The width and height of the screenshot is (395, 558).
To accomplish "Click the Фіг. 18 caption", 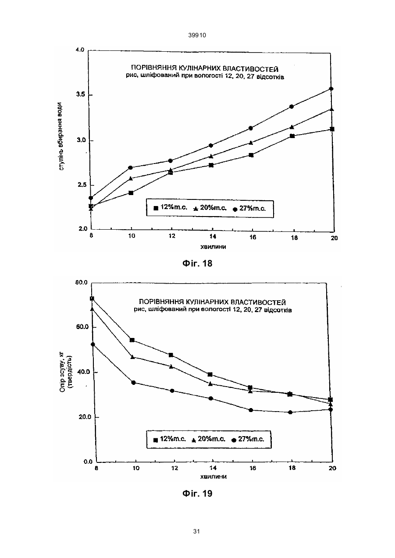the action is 197,263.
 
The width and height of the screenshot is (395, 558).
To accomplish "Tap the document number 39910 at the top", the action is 197,36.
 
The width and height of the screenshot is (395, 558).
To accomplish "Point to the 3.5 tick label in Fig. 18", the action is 81,94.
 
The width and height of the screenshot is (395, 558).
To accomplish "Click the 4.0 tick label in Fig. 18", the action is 80,50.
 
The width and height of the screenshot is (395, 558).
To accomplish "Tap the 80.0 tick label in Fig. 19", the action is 81,282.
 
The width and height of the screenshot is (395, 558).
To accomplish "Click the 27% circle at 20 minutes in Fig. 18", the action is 331,89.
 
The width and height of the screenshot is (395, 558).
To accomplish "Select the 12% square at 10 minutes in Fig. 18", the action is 131,193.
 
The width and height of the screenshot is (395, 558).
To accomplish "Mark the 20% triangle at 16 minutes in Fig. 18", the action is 251,142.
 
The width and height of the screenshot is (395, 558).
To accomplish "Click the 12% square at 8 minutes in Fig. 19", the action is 92,299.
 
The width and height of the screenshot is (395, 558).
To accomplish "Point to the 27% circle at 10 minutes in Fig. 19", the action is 133,383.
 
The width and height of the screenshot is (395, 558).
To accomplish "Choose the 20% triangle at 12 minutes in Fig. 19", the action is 171,366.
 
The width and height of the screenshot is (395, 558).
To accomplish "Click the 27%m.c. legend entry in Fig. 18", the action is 249,208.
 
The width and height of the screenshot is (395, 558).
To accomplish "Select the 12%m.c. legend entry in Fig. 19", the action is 170,439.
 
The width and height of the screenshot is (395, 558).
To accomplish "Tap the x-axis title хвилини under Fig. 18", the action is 214,247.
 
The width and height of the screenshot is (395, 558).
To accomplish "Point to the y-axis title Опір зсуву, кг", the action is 62,372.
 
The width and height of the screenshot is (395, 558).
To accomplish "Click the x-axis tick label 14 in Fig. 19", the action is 213,468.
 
